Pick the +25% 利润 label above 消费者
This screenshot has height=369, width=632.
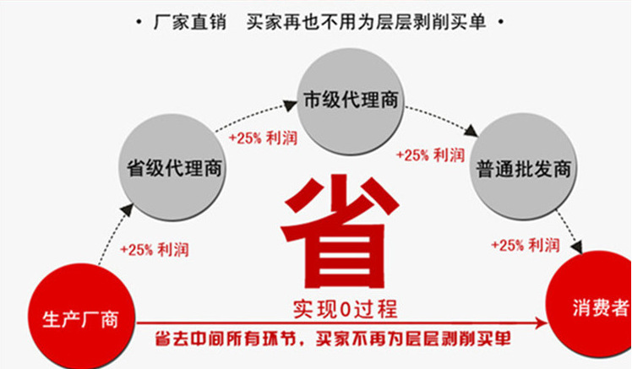(526, 245)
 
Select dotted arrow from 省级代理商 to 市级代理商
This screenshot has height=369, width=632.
(253, 116)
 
